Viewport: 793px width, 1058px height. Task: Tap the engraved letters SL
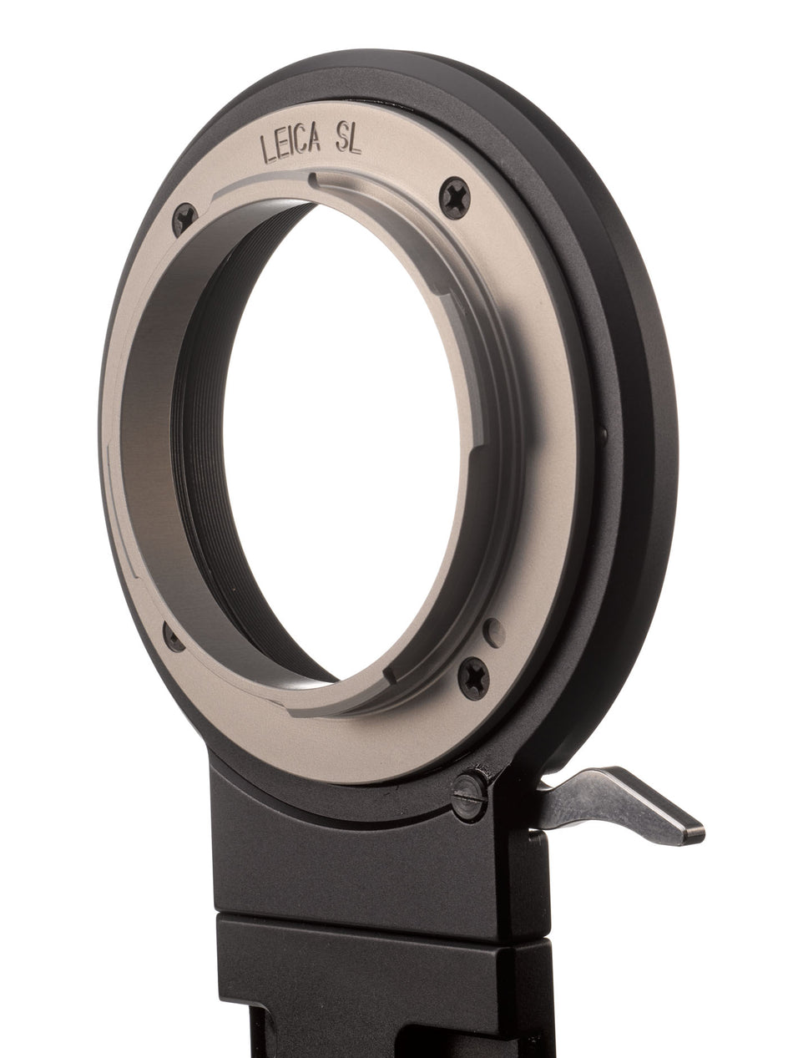tap(348, 142)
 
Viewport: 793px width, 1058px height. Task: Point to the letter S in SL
tap(341, 142)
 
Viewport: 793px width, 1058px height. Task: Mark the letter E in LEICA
tap(280, 146)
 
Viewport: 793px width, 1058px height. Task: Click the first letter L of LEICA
tap(266, 149)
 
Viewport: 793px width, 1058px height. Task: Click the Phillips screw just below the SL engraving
tap(454, 198)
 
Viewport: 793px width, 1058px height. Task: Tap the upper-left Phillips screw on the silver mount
tap(185, 219)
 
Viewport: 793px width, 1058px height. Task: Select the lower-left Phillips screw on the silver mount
tap(174, 637)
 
